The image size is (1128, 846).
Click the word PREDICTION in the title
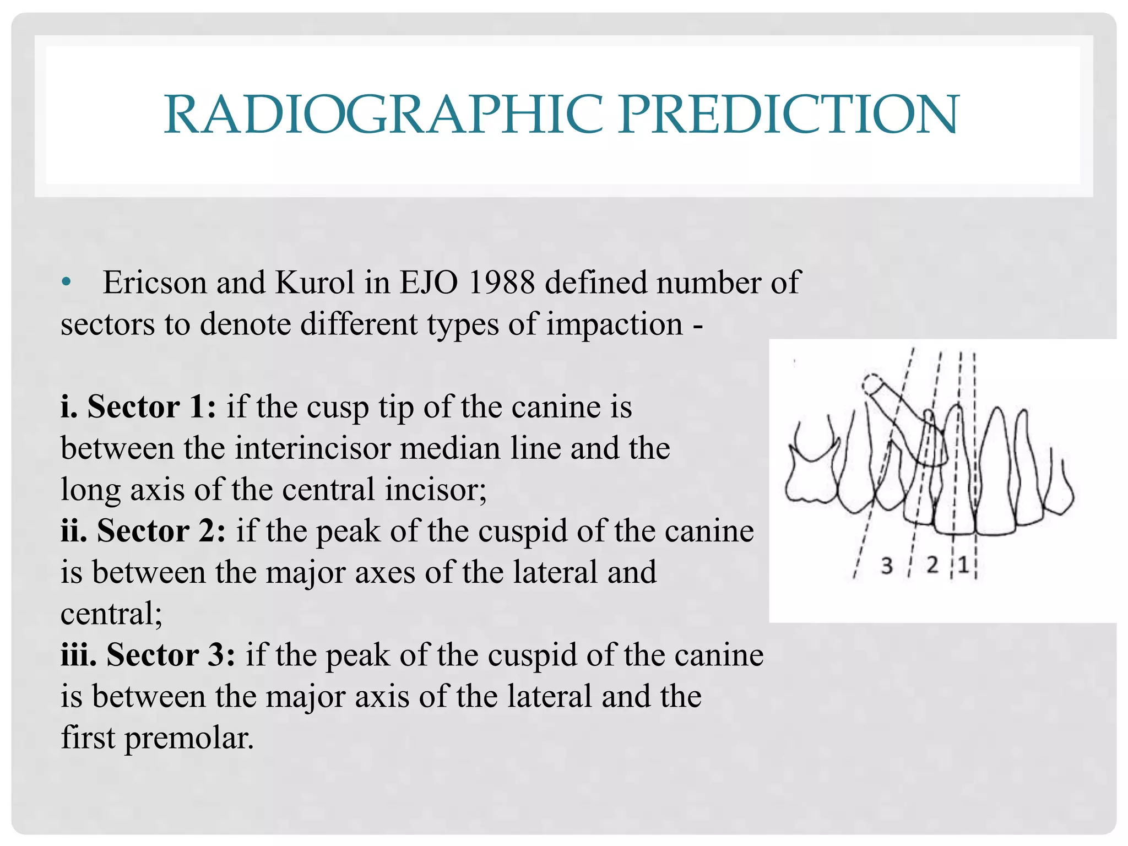[x=788, y=114]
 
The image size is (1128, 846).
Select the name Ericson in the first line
[x=155, y=283]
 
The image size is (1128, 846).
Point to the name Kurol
[x=314, y=283]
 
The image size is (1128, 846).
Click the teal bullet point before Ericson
[x=67, y=283]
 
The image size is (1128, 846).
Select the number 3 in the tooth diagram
[x=886, y=566]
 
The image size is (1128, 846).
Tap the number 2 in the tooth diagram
[x=932, y=565]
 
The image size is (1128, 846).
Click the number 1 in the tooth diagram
[x=963, y=565]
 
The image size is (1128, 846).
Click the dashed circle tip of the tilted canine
[x=872, y=384]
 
